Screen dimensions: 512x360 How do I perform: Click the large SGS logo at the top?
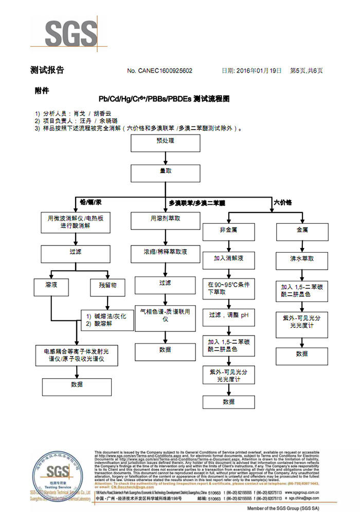click(70, 34)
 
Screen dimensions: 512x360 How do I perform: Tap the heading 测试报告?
click(47, 70)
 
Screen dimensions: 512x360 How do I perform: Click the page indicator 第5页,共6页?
click(307, 71)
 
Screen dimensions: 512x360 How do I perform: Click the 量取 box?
click(165, 173)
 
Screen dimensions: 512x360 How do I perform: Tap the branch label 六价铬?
click(282, 202)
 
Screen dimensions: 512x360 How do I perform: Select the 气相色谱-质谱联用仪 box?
click(165, 315)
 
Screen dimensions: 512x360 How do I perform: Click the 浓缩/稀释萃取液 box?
click(165, 253)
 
